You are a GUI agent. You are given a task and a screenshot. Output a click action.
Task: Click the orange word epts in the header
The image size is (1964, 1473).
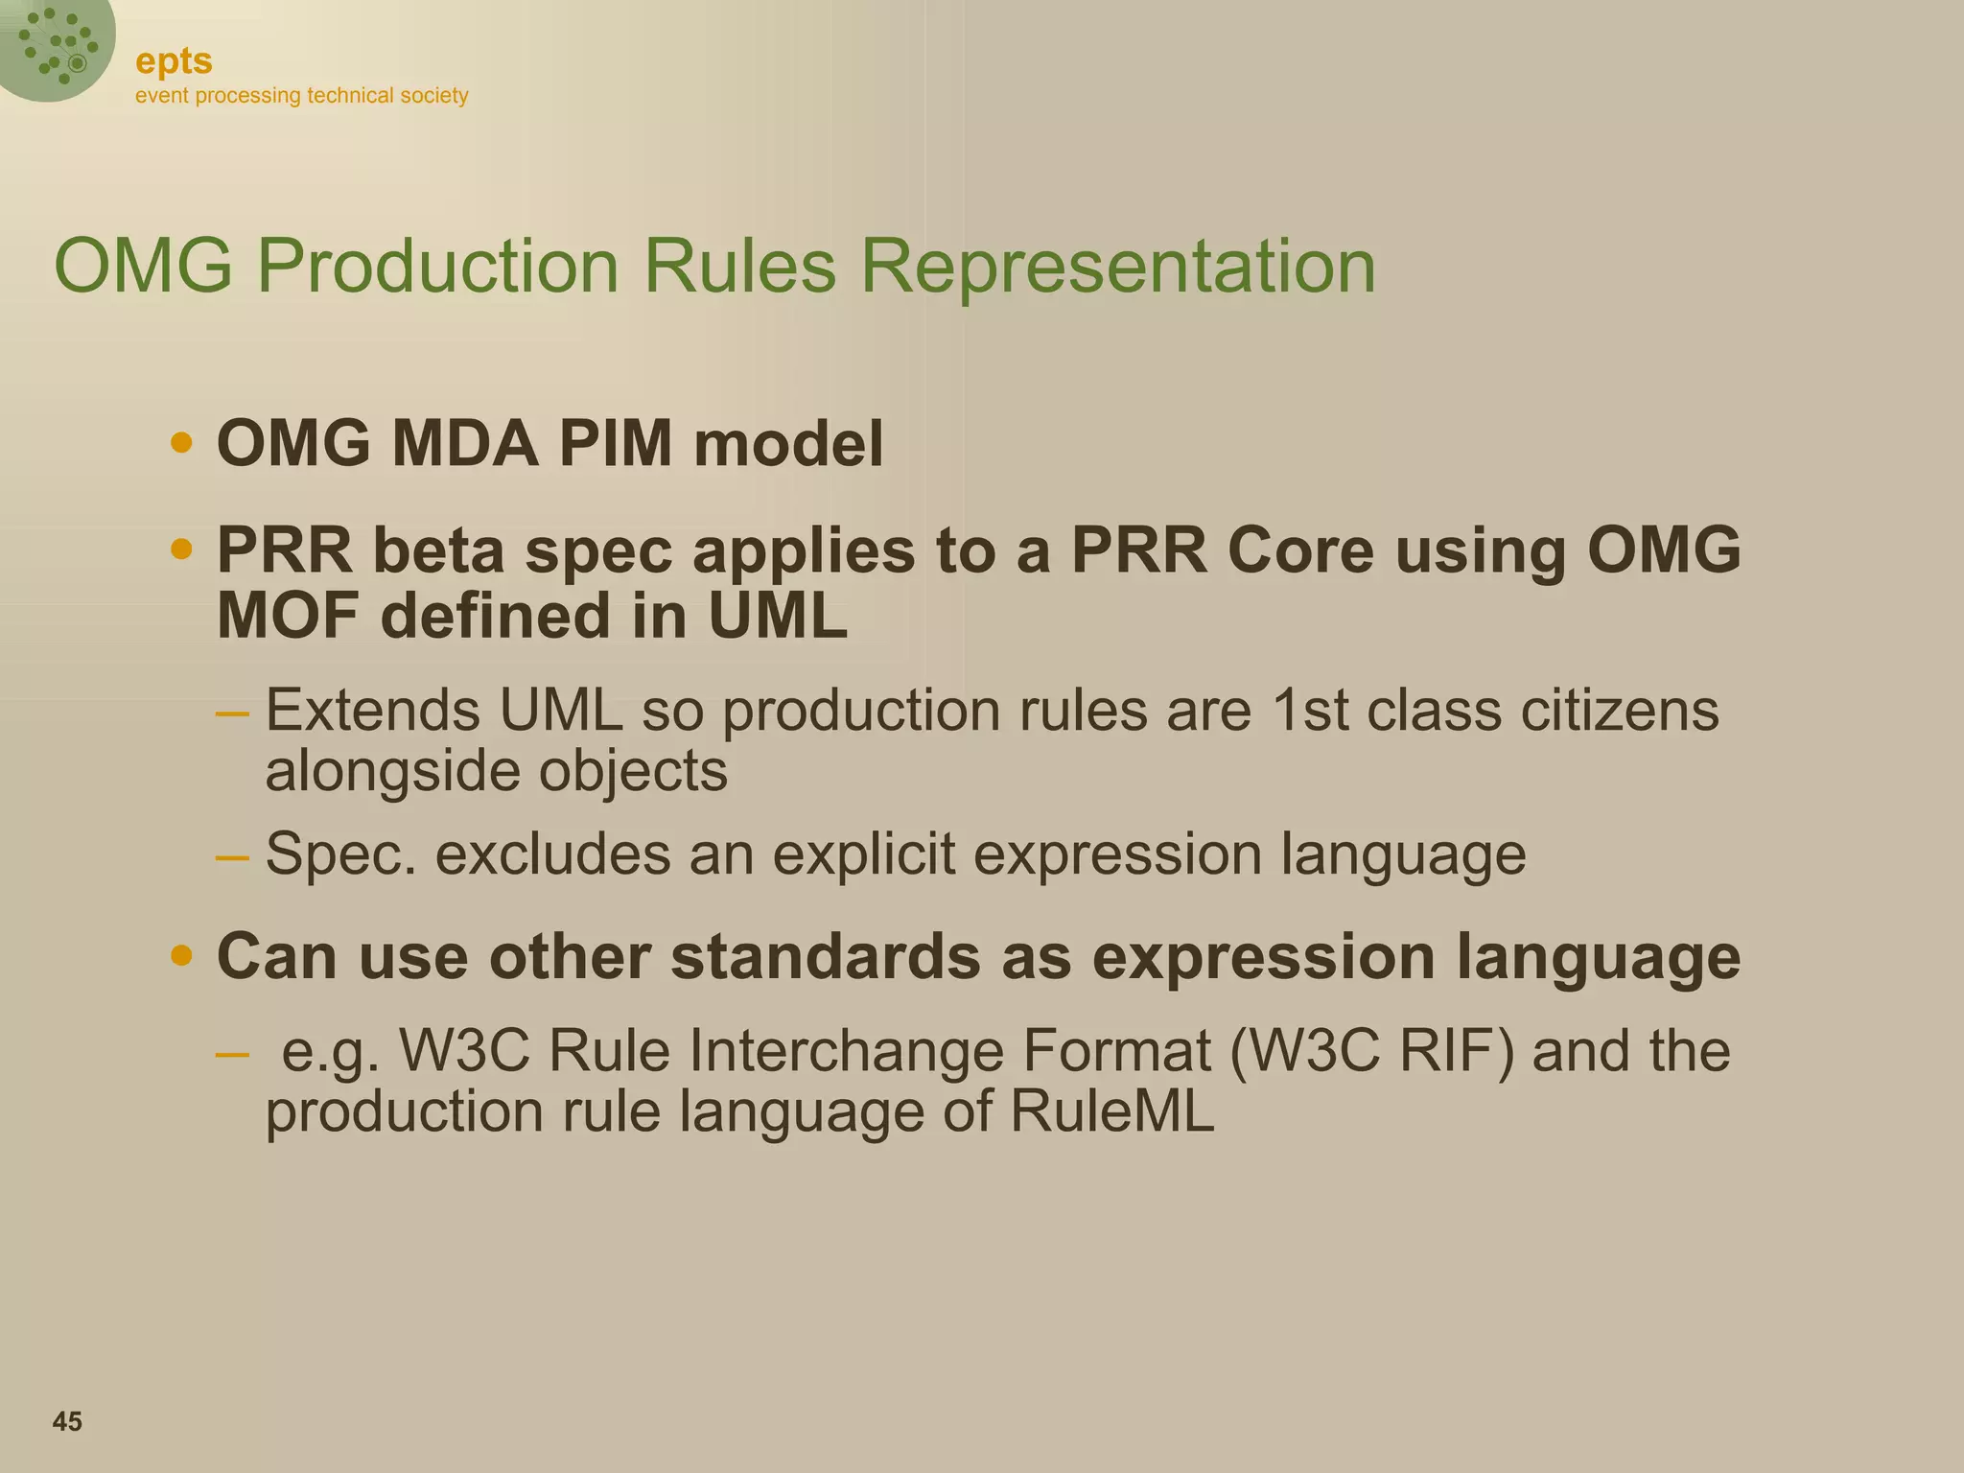(x=174, y=61)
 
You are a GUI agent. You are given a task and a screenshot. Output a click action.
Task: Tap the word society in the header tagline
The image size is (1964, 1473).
(x=434, y=96)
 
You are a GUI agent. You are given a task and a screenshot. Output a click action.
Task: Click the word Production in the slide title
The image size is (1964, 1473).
(x=438, y=266)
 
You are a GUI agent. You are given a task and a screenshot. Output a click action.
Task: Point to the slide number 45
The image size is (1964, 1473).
(x=67, y=1421)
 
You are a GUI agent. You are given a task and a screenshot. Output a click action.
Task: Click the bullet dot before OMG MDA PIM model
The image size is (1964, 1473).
(x=181, y=443)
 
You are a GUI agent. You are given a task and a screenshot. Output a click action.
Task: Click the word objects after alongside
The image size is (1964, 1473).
(x=633, y=771)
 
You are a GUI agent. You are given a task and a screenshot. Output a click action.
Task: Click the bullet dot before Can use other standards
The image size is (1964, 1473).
(x=181, y=956)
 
